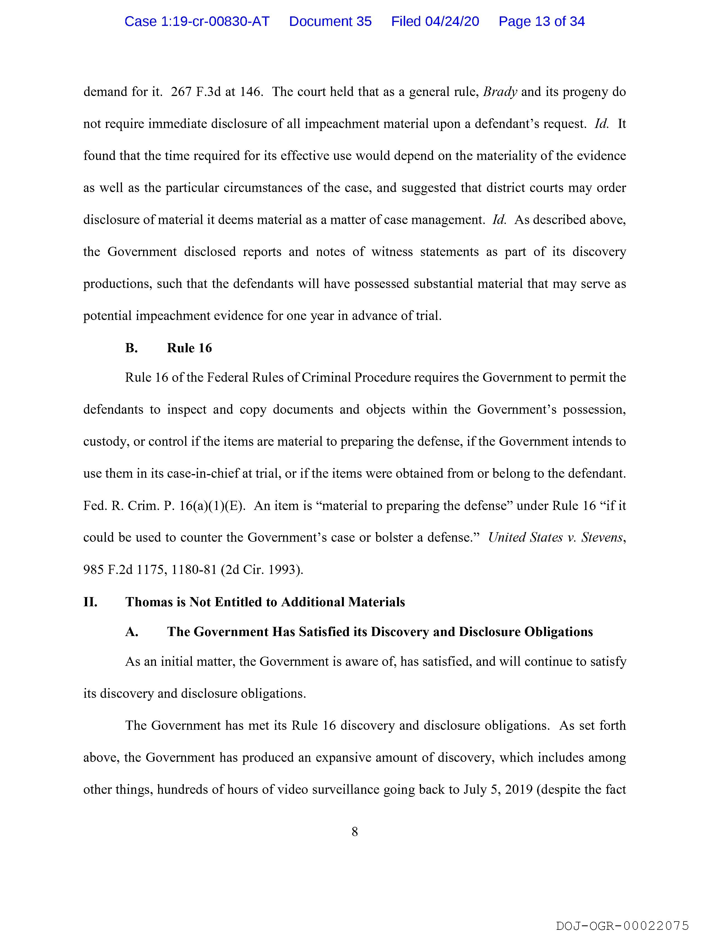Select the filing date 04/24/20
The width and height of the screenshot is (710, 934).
452,21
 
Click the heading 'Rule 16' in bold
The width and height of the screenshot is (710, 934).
189,348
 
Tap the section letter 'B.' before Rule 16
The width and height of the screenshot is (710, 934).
131,348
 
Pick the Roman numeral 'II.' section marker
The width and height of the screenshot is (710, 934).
90,602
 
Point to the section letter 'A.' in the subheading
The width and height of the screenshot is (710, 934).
131,632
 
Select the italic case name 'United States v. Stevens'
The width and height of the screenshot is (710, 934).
556,538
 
